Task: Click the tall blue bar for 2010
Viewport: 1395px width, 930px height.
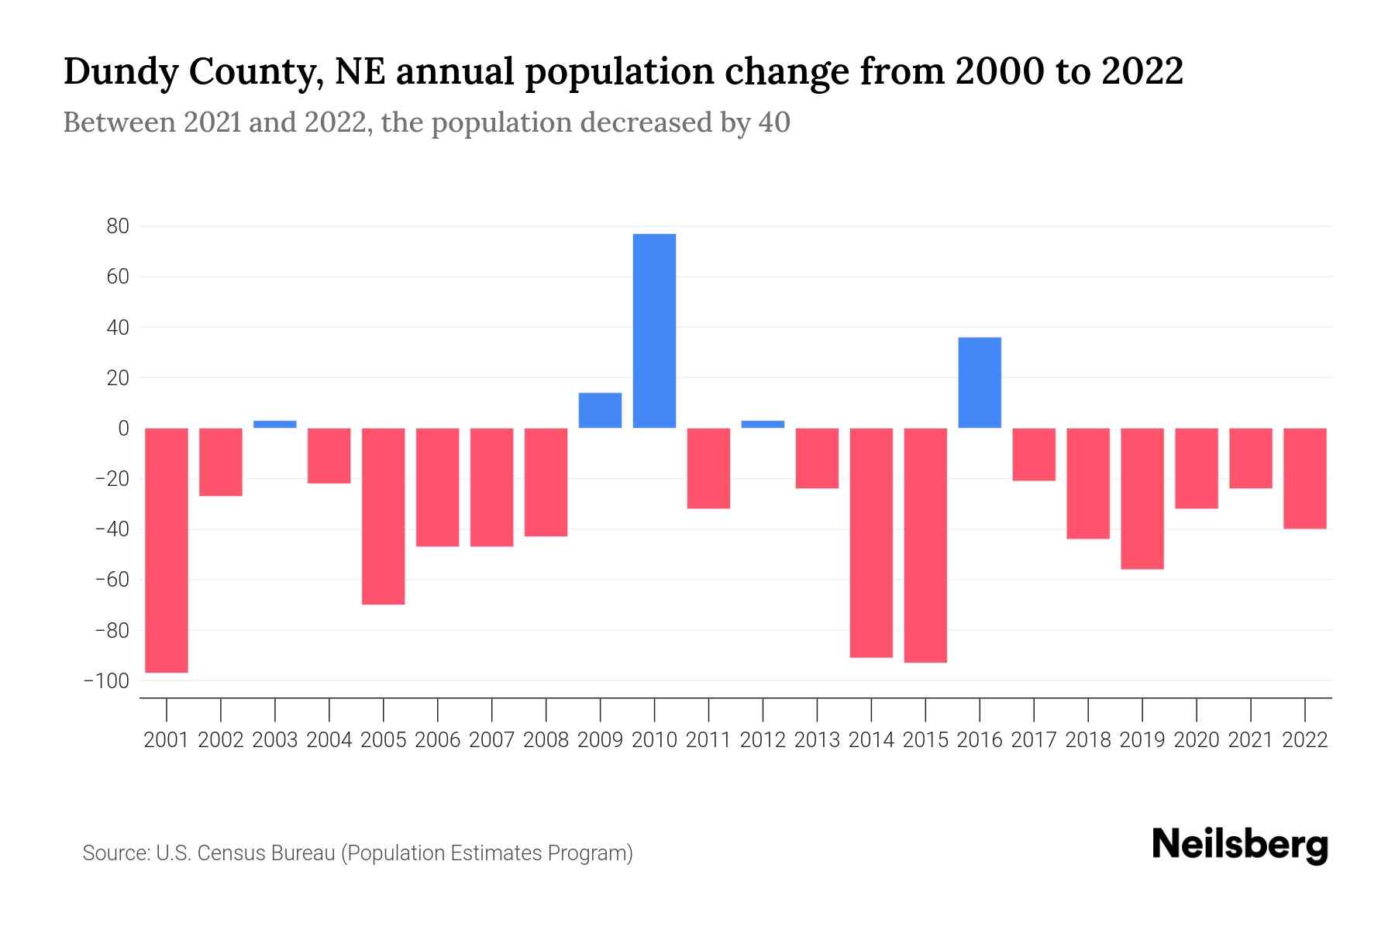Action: click(x=654, y=331)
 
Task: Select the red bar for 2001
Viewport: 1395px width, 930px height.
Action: click(x=167, y=550)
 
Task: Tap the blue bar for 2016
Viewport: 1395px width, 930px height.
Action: click(x=980, y=383)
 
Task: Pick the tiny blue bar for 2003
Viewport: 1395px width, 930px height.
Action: click(x=275, y=424)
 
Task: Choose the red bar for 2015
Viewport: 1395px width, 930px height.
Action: click(x=925, y=545)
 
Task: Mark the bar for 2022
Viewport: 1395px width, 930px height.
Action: click(x=1305, y=478)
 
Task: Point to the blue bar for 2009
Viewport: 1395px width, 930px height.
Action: click(x=600, y=411)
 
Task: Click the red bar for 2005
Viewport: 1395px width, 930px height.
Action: click(x=384, y=516)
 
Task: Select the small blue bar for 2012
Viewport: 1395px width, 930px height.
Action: click(x=763, y=424)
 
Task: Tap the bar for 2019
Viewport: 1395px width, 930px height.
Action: click(x=1142, y=498)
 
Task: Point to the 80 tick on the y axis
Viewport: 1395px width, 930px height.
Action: click(x=118, y=226)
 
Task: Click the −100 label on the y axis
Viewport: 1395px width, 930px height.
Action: click(x=107, y=681)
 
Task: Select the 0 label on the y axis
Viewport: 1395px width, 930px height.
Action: click(x=123, y=429)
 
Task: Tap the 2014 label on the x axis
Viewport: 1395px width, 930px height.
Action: click(x=871, y=740)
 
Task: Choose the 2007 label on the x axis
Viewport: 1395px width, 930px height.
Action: click(x=491, y=740)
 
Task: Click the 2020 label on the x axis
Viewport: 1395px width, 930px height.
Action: click(x=1197, y=740)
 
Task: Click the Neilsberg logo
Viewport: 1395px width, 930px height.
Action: click(x=1240, y=846)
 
